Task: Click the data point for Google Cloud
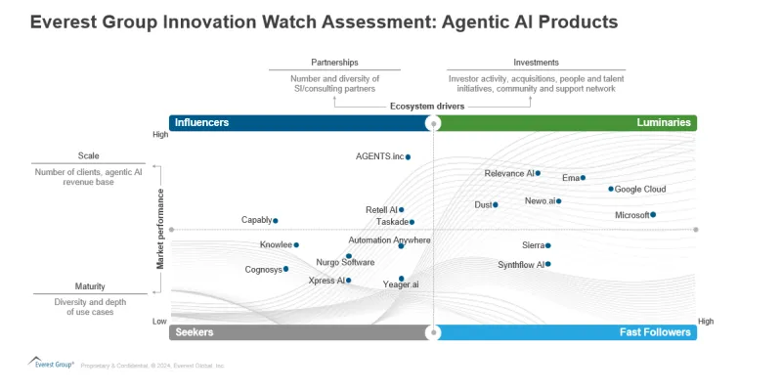[611, 189]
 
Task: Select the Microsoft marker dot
[653, 215]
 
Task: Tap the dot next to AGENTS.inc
[408, 156]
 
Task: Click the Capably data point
[276, 221]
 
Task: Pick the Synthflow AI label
[520, 265]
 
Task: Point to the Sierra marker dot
[547, 246]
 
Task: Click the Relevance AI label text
[508, 174]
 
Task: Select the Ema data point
[583, 178]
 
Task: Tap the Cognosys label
[263, 270]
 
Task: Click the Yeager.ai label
[401, 284]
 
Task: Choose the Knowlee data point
[296, 245]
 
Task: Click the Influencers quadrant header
[201, 123]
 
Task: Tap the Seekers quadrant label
[194, 332]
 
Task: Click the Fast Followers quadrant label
[655, 332]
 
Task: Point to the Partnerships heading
[334, 63]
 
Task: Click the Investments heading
[536, 63]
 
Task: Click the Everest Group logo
[49, 363]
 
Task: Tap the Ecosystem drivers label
[426, 106]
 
